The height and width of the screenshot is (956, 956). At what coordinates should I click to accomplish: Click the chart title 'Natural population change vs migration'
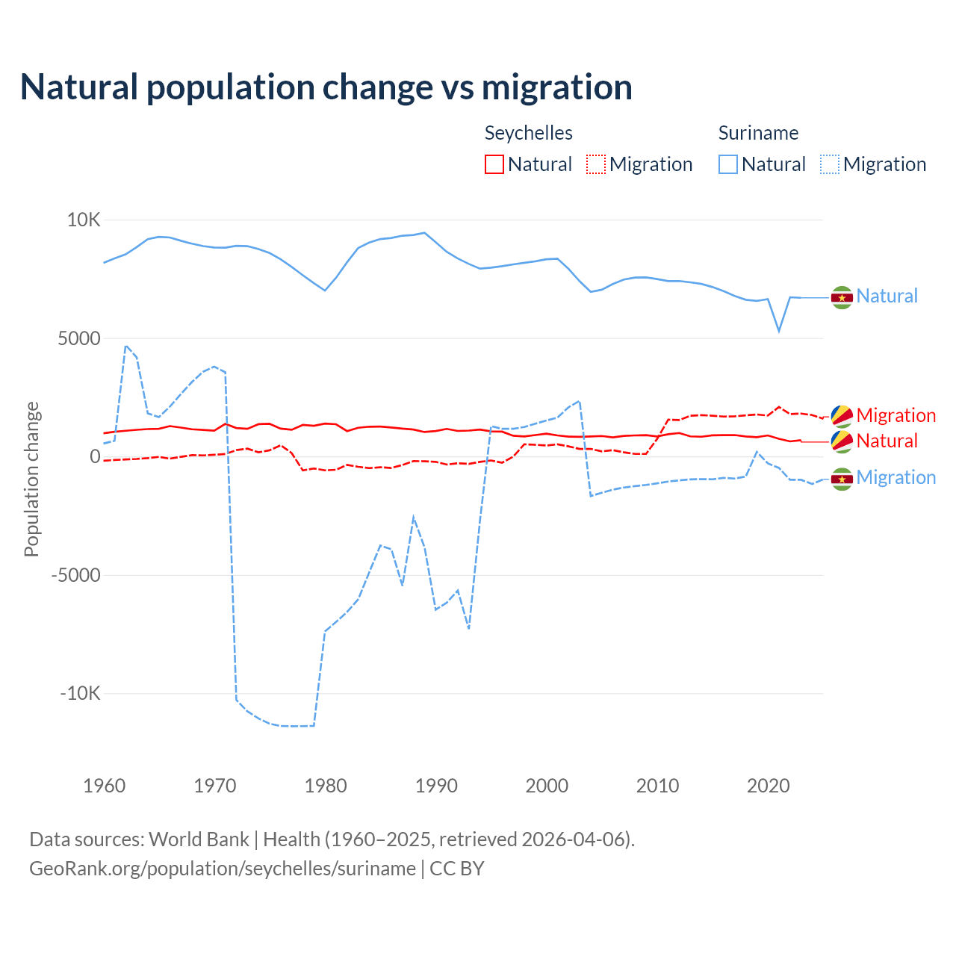pos(326,87)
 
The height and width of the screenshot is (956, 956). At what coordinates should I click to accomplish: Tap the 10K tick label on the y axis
pos(84,220)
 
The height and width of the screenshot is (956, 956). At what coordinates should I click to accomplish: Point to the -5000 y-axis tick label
pos(75,575)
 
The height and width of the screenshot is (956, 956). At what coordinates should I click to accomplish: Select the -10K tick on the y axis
pos(80,693)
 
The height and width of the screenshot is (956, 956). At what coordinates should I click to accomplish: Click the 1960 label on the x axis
pos(105,786)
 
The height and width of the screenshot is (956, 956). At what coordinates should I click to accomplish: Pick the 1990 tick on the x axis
pos(437,786)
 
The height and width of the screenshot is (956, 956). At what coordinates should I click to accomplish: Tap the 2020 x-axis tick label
pos(769,786)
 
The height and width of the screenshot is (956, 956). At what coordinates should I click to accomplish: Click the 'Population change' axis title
pos(31,479)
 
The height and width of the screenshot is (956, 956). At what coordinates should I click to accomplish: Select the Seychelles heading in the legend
pos(529,133)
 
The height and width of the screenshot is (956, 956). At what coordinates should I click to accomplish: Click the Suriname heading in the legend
pos(758,133)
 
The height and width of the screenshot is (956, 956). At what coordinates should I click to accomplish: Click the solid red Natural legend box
pos(494,164)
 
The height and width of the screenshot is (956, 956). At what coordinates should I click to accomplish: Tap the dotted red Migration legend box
pos(596,164)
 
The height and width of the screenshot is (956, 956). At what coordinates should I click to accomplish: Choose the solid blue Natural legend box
pos(728,164)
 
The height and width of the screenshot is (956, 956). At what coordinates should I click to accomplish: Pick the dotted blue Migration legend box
pos(830,164)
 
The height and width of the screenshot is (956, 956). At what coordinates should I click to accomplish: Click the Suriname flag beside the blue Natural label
pos(842,297)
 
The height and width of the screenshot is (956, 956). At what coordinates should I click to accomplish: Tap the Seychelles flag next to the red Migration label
pos(842,416)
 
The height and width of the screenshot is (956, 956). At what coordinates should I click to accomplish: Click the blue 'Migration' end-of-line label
pos(896,477)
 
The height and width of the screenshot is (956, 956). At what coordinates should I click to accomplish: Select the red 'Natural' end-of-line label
pos(887,441)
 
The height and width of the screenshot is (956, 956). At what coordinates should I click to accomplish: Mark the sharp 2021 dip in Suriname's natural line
pos(779,331)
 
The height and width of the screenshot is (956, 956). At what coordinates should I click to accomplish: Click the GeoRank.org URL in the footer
pos(223,869)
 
